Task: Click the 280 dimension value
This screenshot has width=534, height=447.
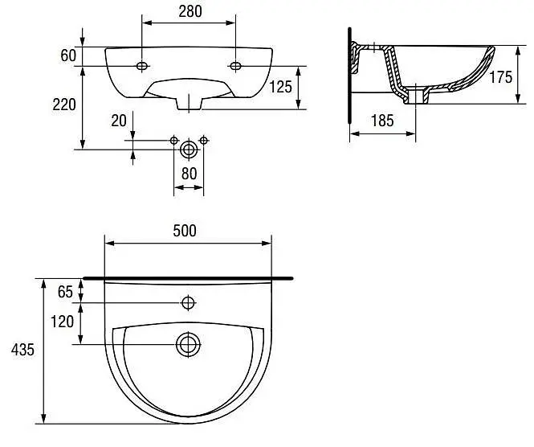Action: pyautogui.click(x=190, y=11)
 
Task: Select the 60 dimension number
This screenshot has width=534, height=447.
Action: pyautogui.click(x=68, y=55)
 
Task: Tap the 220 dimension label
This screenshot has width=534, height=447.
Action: pyautogui.click(x=64, y=105)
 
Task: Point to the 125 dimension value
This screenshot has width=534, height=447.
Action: pyautogui.click(x=280, y=87)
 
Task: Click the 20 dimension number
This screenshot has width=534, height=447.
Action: pyautogui.click(x=119, y=121)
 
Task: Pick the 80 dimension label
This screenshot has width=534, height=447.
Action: pyautogui.click(x=189, y=174)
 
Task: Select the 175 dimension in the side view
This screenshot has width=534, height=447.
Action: pyautogui.click(x=500, y=77)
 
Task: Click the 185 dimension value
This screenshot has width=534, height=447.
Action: pyautogui.click(x=382, y=121)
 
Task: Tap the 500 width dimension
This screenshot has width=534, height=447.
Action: pyautogui.click(x=185, y=231)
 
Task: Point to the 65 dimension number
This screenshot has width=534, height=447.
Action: pyautogui.click(x=65, y=292)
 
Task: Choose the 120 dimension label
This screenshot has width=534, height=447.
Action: pyautogui.click(x=62, y=322)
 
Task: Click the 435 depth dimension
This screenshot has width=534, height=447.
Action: pyautogui.click(x=22, y=350)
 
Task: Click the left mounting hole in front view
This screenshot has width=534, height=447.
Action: pyautogui.click(x=142, y=66)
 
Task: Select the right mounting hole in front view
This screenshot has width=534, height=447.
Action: pyautogui.click(x=235, y=65)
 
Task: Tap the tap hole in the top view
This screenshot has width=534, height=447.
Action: pyautogui.click(x=188, y=302)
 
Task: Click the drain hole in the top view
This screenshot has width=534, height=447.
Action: pyautogui.click(x=188, y=344)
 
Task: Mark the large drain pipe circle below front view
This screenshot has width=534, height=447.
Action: pyautogui.click(x=189, y=150)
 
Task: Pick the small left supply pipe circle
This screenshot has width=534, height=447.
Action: pyautogui.click(x=174, y=140)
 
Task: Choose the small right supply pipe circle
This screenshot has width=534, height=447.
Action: pyautogui.click(x=204, y=140)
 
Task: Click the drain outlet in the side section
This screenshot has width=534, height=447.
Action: pyautogui.click(x=416, y=96)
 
